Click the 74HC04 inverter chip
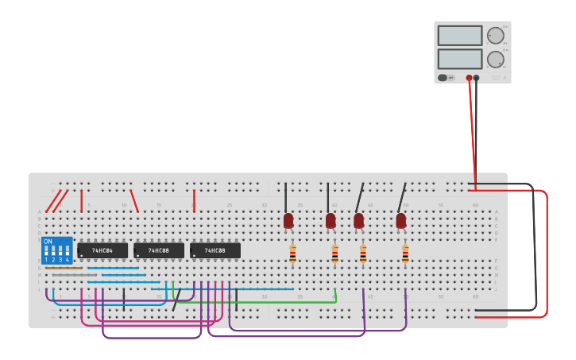point(102,250)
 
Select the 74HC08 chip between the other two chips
point(159,250)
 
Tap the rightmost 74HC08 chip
point(215,250)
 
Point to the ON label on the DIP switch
point(48,241)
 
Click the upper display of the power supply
point(459,36)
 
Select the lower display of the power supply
point(459,59)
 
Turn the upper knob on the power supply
point(495,36)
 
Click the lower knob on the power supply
point(495,60)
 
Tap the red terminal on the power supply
point(469,78)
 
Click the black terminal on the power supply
point(476,78)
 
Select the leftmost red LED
point(288,220)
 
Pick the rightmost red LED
point(401,220)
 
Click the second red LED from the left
point(331,220)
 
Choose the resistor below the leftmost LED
point(292,254)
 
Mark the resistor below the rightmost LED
point(405,254)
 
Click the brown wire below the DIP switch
point(64,268)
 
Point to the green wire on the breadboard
point(262,302)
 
